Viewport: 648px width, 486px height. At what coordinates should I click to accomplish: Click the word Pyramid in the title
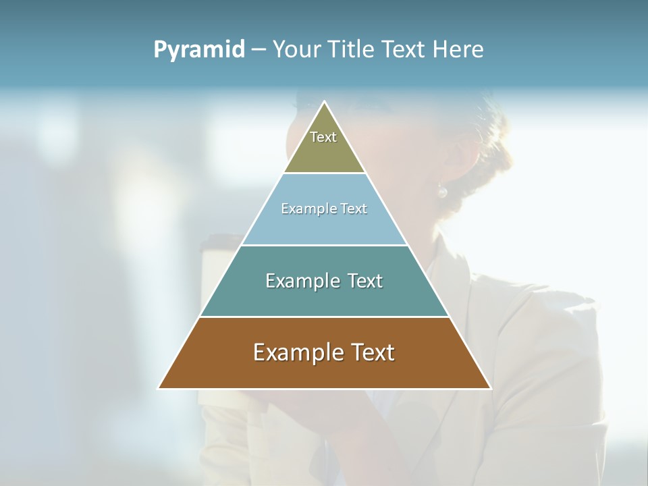199,50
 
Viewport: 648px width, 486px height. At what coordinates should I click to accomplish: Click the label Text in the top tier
323,137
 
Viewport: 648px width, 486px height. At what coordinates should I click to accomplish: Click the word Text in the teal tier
364,281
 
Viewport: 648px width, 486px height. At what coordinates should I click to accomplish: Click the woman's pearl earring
442,192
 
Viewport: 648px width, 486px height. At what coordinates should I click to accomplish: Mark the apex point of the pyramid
325,102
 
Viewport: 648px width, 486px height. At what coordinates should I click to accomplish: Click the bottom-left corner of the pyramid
159,388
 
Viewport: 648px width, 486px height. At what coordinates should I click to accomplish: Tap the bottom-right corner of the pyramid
491,388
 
